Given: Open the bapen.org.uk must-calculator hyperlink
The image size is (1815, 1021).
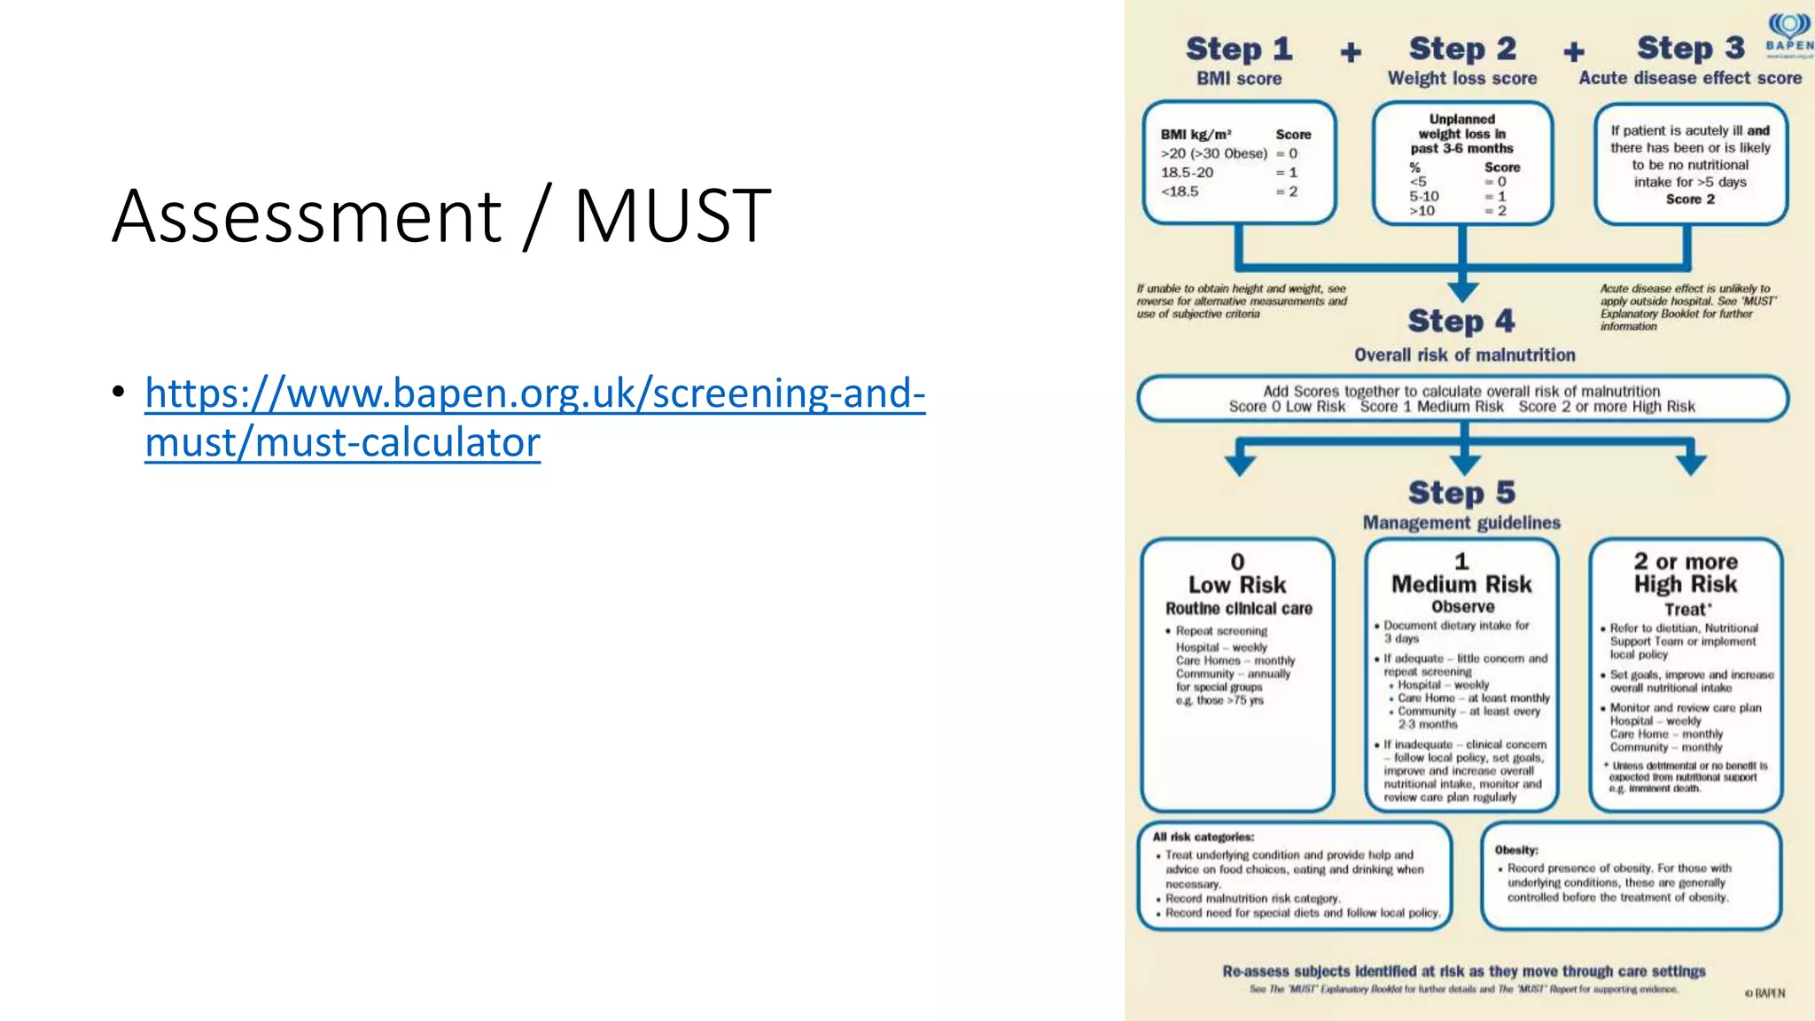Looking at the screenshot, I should [x=534, y=417].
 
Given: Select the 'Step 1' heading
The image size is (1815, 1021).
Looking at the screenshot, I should [x=1239, y=50].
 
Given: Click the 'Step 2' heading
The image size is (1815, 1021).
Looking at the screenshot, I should [x=1462, y=50].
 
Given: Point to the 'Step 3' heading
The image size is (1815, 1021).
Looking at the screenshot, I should [x=1690, y=49].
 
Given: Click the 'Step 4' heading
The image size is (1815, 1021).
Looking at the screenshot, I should [x=1461, y=321].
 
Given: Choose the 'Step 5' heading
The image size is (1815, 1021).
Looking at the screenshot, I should [x=1461, y=493].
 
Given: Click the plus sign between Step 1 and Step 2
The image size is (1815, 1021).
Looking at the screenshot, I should [x=1351, y=52].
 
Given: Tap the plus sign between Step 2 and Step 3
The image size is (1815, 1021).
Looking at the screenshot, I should [x=1574, y=52].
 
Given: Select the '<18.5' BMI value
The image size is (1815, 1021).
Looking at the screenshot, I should [x=1180, y=191].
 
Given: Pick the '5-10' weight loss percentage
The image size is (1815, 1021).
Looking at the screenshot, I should [x=1424, y=196].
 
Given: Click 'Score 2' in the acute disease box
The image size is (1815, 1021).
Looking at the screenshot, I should [x=1690, y=199].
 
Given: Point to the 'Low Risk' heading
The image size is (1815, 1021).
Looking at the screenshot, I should [x=1237, y=585].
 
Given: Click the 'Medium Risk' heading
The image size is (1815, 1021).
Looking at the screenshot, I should [x=1461, y=585].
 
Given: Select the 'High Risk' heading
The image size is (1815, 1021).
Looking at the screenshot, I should [x=1686, y=585].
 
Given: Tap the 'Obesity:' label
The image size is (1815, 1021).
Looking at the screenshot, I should [x=1516, y=850].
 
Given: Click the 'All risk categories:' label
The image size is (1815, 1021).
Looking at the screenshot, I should [x=1203, y=837].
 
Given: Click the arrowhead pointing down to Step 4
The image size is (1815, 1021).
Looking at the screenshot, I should [x=1462, y=292].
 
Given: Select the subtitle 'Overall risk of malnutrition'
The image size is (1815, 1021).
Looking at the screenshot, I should [x=1464, y=355].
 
